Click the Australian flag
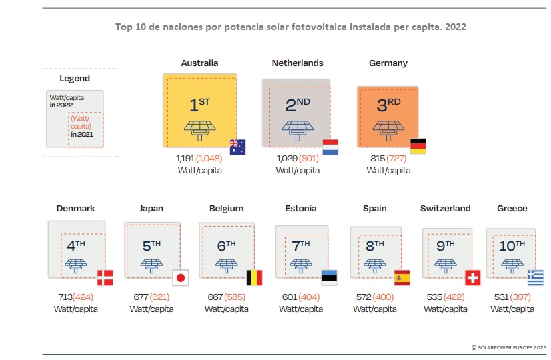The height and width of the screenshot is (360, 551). coord(237,147)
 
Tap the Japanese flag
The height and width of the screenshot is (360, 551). coord(179,277)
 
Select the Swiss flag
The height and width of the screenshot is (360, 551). coord(472,277)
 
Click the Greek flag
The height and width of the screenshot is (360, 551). coord(536,277)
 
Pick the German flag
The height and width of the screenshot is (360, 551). coord(418,147)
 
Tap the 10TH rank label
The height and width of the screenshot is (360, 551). coord(512,246)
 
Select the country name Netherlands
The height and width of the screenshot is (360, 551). coord(298,63)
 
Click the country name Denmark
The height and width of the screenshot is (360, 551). coord(75,209)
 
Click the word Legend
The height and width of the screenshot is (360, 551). coord(75,79)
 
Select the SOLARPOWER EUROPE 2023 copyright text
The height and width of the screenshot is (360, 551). coord(508,347)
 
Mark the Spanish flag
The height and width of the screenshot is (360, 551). coord(402,277)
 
